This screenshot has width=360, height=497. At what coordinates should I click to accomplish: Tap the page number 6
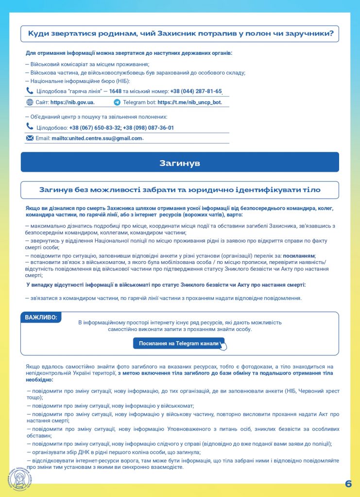pyautogui.click(x=348, y=484)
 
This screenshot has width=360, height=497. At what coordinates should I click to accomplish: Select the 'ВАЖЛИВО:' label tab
pyautogui.click(x=41, y=317)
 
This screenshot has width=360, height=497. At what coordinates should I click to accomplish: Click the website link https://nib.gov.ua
pyautogui.click(x=72, y=102)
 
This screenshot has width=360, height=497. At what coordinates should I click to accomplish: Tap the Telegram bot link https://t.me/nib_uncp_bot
pyautogui.click(x=189, y=102)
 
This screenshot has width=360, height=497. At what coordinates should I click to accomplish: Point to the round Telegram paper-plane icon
pyautogui.click(x=117, y=102)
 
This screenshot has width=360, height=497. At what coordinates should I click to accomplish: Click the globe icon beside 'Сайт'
pyautogui.click(x=29, y=102)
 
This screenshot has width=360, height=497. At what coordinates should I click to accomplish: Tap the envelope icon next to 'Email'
pyautogui.click(x=30, y=138)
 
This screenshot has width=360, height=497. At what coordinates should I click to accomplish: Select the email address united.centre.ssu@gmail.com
pyautogui.click(x=97, y=138)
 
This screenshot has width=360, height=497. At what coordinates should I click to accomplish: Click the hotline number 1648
pyautogui.click(x=115, y=91)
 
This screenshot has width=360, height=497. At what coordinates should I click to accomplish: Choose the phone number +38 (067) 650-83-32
pyautogui.click(x=95, y=128)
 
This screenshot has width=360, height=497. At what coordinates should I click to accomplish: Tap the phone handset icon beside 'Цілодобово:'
pyautogui.click(x=30, y=127)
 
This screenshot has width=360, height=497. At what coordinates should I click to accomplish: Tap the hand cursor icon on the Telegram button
pyautogui.click(x=223, y=346)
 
